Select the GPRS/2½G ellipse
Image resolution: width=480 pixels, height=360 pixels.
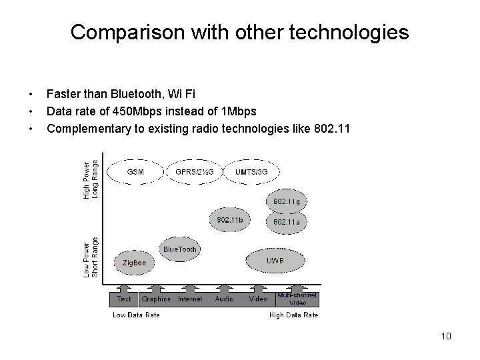pyautogui.click(x=194, y=171)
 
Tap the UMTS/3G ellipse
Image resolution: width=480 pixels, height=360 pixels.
pyautogui.click(x=251, y=171)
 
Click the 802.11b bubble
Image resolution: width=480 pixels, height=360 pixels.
pyautogui.click(x=230, y=220)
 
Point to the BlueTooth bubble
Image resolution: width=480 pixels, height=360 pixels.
pyautogui.click(x=180, y=249)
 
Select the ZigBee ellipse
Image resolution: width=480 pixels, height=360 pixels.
pyautogui.click(x=134, y=263)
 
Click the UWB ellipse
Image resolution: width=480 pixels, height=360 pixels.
pyautogui.click(x=275, y=261)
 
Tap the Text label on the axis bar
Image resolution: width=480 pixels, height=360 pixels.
pyautogui.click(x=124, y=299)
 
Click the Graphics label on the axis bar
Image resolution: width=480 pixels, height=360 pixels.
pyautogui.click(x=156, y=299)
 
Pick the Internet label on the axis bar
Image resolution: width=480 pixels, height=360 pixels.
pyautogui.click(x=190, y=299)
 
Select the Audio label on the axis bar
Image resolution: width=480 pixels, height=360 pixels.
pyautogui.click(x=225, y=299)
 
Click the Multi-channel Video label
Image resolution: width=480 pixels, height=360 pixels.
pyautogui.click(x=297, y=299)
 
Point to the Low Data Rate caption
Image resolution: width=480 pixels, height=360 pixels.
pyautogui.click(x=136, y=315)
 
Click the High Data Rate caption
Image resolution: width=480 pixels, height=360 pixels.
pyautogui.click(x=293, y=315)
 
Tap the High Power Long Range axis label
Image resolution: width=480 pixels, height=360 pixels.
pyautogui.click(x=91, y=178)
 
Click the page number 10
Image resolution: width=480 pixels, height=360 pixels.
pyautogui.click(x=446, y=336)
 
